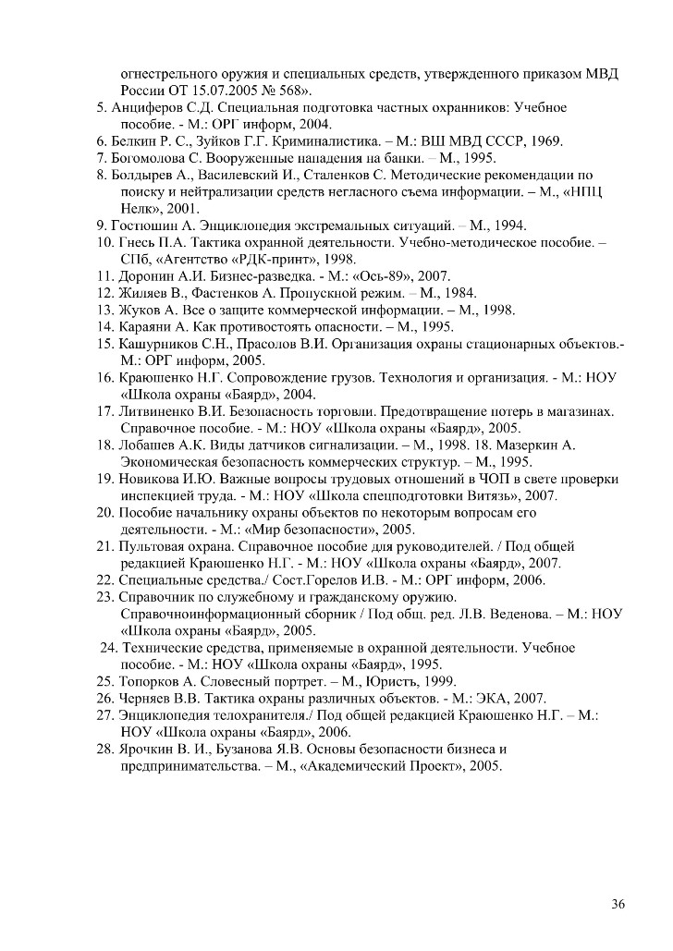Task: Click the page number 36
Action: point(618,903)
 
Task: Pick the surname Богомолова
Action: point(153,158)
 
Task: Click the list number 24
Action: point(107,647)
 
